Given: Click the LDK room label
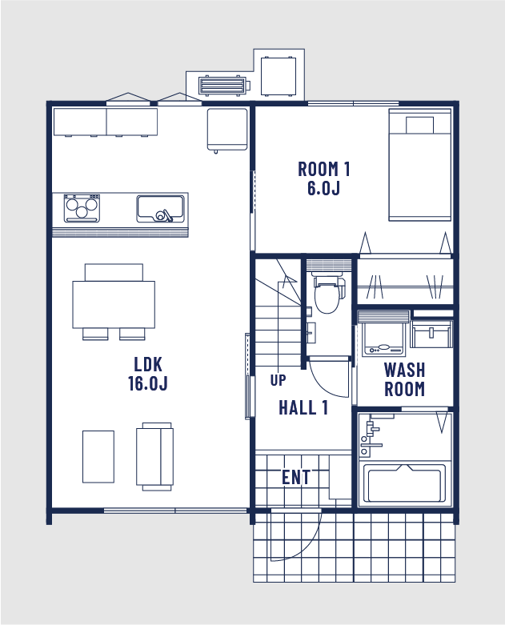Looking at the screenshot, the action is (x=148, y=374).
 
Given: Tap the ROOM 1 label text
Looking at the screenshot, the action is (x=323, y=178).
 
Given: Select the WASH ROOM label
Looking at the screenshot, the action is (x=404, y=379).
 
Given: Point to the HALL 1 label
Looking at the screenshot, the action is (x=303, y=407).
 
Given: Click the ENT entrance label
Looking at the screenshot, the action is (x=296, y=477).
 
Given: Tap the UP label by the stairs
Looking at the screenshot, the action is (x=278, y=380).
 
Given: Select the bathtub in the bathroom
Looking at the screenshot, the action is (x=404, y=483).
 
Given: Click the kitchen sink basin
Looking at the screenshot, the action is (x=161, y=208).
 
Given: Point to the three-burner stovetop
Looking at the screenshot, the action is (x=82, y=208).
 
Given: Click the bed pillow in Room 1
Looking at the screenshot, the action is (x=419, y=125).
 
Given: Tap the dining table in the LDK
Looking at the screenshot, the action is (x=114, y=305).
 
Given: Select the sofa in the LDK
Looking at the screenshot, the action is (x=155, y=457).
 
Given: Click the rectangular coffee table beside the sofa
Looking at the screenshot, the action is (x=98, y=457).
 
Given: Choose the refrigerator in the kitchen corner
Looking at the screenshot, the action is (x=227, y=130).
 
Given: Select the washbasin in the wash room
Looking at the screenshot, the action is (x=431, y=334).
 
